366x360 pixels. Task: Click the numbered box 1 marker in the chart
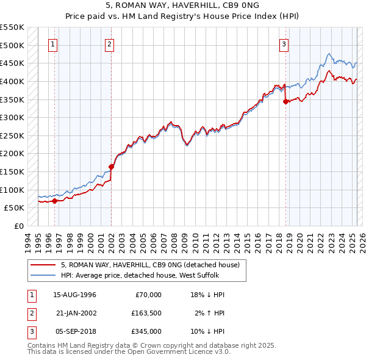53,43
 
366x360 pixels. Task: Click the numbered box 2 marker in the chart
109,43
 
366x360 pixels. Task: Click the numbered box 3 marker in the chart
284,43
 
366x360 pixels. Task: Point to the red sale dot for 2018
285,102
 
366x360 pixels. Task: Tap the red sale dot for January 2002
112,167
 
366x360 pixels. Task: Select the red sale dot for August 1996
54,200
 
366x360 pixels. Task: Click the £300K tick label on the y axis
12,117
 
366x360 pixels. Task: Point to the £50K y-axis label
14,207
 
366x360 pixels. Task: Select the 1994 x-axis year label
27,241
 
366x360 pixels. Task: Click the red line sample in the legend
43,265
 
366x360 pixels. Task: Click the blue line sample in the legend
43,275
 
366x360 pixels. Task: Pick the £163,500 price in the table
147,313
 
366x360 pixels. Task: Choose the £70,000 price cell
147,295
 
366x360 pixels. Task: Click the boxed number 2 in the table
31,313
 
